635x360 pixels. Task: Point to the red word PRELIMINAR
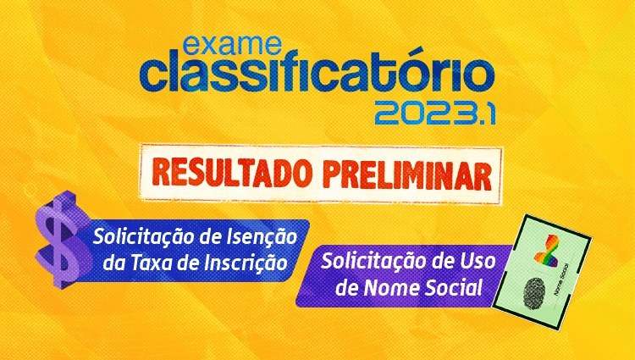pos(407,174)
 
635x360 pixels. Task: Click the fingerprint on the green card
pos(534,294)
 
